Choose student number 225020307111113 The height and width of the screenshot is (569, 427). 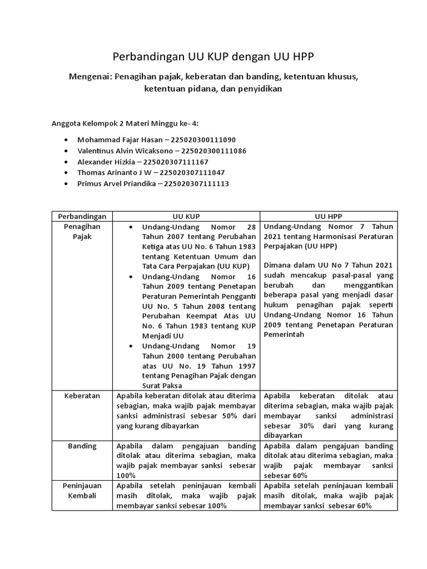point(193,183)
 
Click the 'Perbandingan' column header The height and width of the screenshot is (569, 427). point(82,216)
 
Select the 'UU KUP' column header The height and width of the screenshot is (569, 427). point(186,216)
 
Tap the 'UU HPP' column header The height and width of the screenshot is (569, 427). point(329,216)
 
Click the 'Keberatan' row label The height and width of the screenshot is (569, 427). point(82,396)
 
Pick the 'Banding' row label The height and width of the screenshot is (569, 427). point(82,446)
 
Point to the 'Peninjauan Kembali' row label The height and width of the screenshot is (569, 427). point(82,491)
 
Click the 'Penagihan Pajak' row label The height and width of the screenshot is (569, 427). point(82,232)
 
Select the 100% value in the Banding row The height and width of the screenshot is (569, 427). point(126,476)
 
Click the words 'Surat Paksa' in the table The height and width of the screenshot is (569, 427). point(161,386)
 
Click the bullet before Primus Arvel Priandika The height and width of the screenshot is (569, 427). point(67,184)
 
